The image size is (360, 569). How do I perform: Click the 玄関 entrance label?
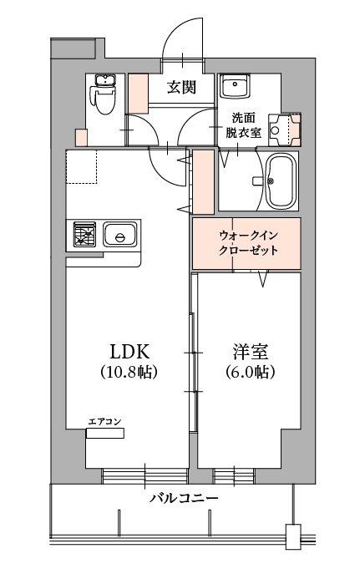point(181,87)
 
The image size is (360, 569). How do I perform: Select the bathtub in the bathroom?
point(281,181)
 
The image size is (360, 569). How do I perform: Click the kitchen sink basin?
point(120,235)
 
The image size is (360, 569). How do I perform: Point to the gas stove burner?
point(84,235)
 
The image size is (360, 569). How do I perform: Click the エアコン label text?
point(105,421)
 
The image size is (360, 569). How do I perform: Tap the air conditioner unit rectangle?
point(105,433)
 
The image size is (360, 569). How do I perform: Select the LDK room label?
point(129,351)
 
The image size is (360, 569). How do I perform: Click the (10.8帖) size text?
point(129,372)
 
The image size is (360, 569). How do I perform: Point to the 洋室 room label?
point(250,351)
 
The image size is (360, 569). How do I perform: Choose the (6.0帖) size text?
point(250,372)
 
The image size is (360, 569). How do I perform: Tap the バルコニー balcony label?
point(184,497)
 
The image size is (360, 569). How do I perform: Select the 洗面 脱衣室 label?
point(244,125)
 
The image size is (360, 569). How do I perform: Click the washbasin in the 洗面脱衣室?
point(236,86)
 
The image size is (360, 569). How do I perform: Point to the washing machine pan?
point(285,130)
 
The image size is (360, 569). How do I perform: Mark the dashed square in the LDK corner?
point(82,166)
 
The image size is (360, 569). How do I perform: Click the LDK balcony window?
point(145,475)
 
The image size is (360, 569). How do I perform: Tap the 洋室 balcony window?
point(234,475)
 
